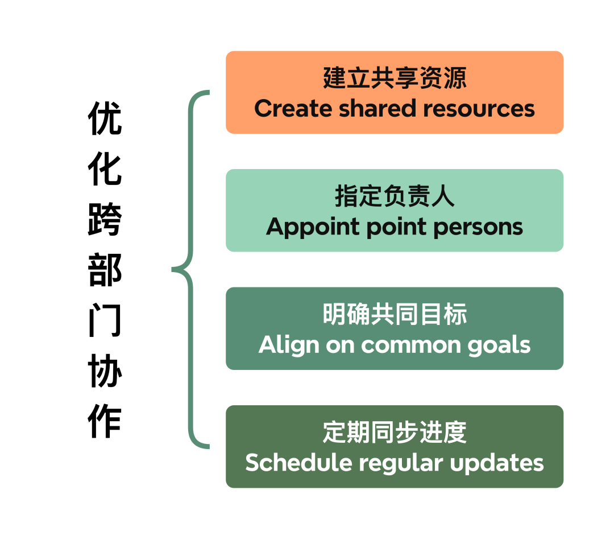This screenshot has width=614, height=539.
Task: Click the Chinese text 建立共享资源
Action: (x=395, y=79)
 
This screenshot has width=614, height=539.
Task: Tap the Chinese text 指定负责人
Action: (x=395, y=197)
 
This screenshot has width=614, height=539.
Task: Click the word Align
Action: (x=288, y=345)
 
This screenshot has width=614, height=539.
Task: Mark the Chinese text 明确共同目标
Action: (x=395, y=315)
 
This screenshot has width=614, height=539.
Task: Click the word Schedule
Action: (x=298, y=463)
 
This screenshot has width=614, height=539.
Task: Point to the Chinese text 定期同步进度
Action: (x=395, y=433)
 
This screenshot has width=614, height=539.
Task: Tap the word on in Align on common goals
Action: (x=340, y=345)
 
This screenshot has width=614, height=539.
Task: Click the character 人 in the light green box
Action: (x=443, y=197)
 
